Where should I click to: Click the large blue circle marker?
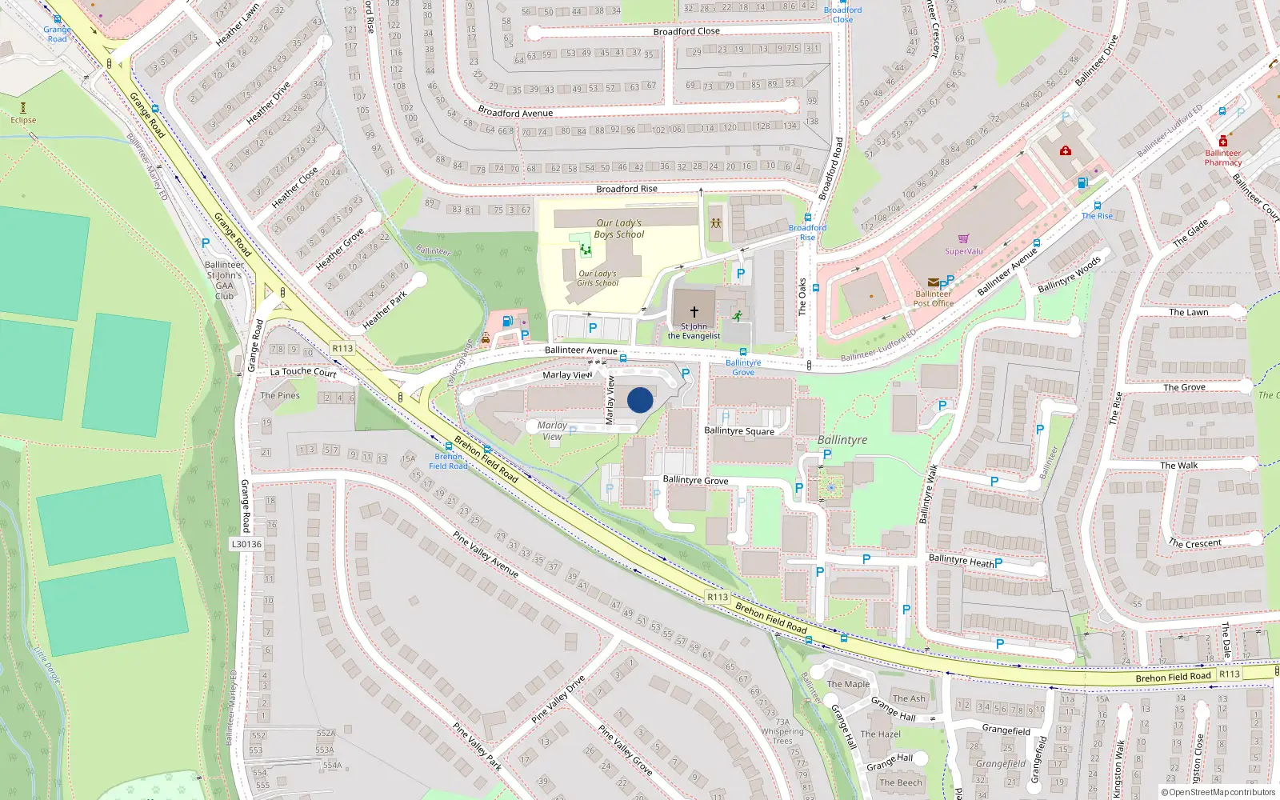point(640,400)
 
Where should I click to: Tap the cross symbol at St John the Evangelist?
point(694,310)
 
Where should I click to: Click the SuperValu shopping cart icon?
point(963,238)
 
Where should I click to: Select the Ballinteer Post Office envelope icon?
point(933,282)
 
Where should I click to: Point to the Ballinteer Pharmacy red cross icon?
point(1222,142)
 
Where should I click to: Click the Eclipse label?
point(23,120)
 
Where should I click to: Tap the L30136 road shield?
point(246,544)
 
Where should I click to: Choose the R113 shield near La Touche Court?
point(342,348)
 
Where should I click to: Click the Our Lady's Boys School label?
point(618,229)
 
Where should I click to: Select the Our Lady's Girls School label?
point(598,278)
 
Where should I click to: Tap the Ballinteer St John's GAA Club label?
point(224,280)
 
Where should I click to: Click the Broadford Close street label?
point(686,31)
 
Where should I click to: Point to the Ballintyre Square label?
point(739,431)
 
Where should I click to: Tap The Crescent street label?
point(1194,543)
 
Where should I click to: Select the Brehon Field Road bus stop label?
point(448,461)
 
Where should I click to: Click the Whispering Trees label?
point(782,736)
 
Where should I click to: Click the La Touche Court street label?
point(303,372)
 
